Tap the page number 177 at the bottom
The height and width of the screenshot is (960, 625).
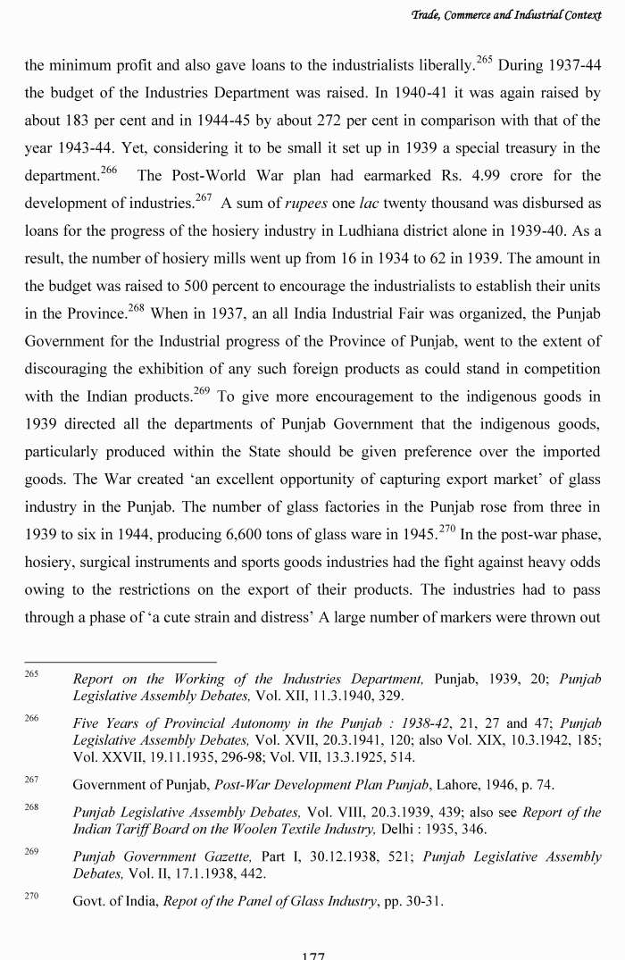[x=312, y=955]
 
